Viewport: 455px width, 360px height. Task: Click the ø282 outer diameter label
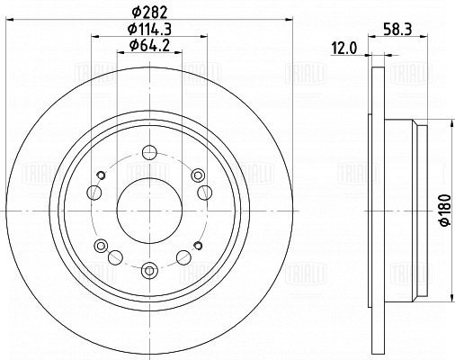click(x=149, y=12)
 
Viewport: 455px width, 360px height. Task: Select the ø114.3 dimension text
click(x=149, y=29)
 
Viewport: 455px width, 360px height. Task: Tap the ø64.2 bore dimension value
click(x=149, y=46)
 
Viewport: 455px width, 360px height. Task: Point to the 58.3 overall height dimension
click(x=397, y=30)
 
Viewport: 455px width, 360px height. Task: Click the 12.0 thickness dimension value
click(x=344, y=49)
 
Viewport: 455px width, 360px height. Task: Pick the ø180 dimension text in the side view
click(x=444, y=210)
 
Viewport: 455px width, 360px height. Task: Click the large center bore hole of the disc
click(x=149, y=211)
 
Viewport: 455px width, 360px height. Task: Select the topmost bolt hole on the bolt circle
click(x=149, y=152)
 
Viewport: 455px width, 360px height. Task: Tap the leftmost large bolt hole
click(x=94, y=193)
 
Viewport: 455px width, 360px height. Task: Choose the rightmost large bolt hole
click(x=205, y=193)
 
